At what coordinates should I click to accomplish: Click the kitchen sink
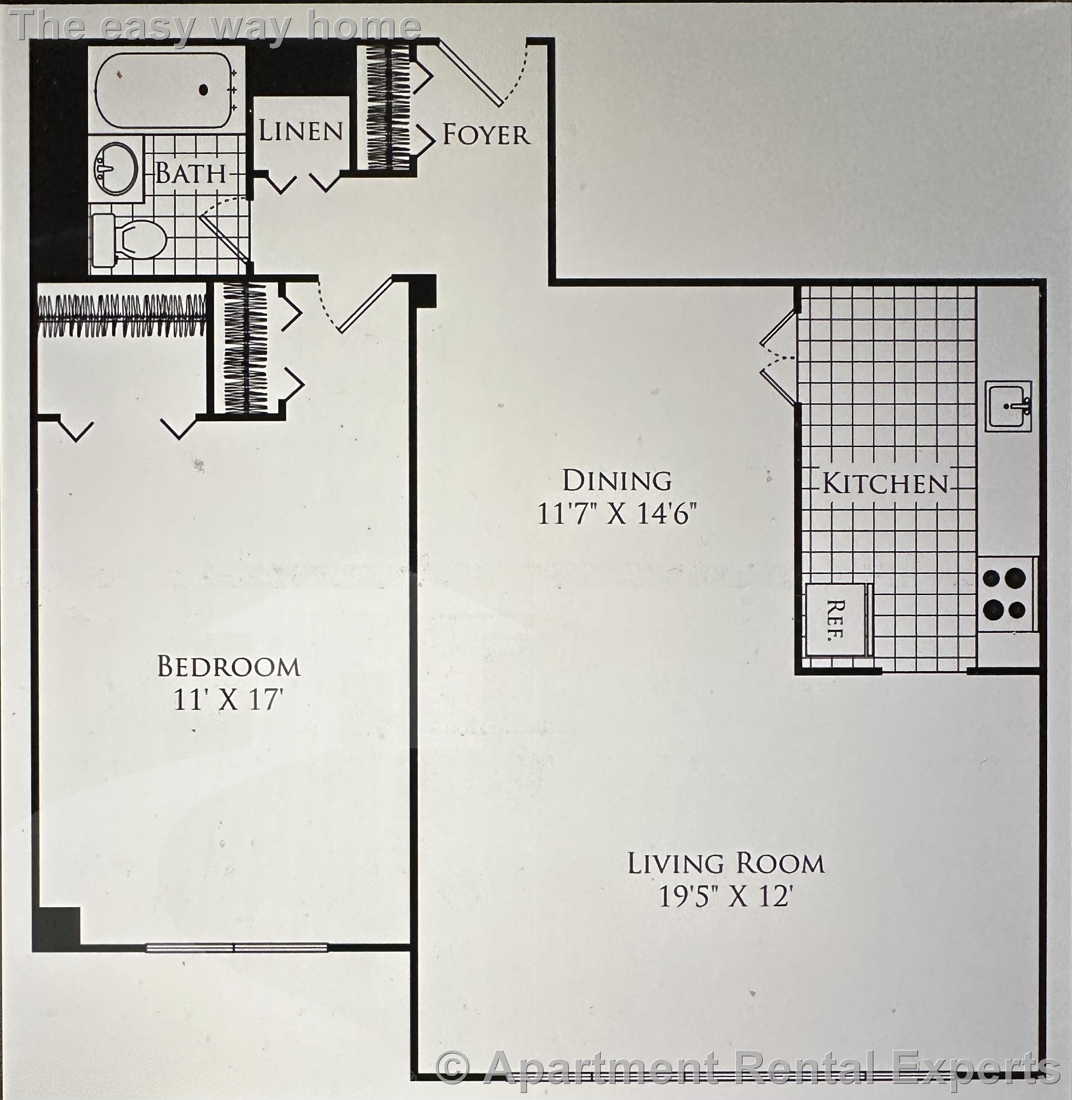(x=1008, y=406)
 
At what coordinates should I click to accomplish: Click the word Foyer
(x=485, y=135)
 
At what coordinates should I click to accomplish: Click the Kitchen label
(x=885, y=484)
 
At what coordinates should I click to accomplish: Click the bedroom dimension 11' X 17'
(x=227, y=701)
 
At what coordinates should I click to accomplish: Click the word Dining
(x=617, y=481)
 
